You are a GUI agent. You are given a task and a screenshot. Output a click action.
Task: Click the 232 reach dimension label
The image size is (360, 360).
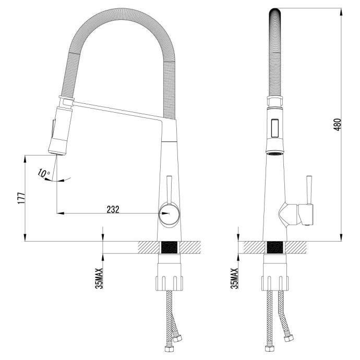[x=113, y=209]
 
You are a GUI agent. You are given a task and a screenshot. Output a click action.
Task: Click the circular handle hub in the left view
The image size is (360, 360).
[x=169, y=214]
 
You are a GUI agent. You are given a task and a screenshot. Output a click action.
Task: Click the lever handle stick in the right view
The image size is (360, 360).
[x=309, y=189]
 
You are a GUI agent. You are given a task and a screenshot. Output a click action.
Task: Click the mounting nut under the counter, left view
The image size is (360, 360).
[x=170, y=282]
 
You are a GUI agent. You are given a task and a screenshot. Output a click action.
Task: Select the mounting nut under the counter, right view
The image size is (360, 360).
[x=275, y=282]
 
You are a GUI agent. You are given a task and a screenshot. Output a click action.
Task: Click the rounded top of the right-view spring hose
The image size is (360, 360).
[x=275, y=16]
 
